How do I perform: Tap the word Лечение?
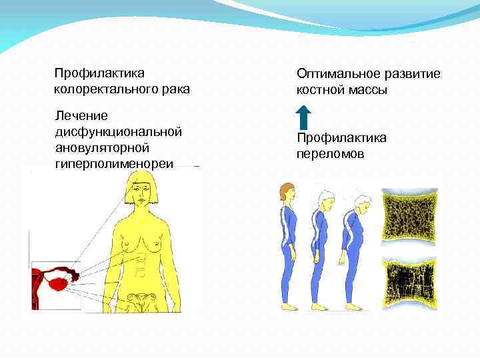76,116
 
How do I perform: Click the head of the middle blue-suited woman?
324,198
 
